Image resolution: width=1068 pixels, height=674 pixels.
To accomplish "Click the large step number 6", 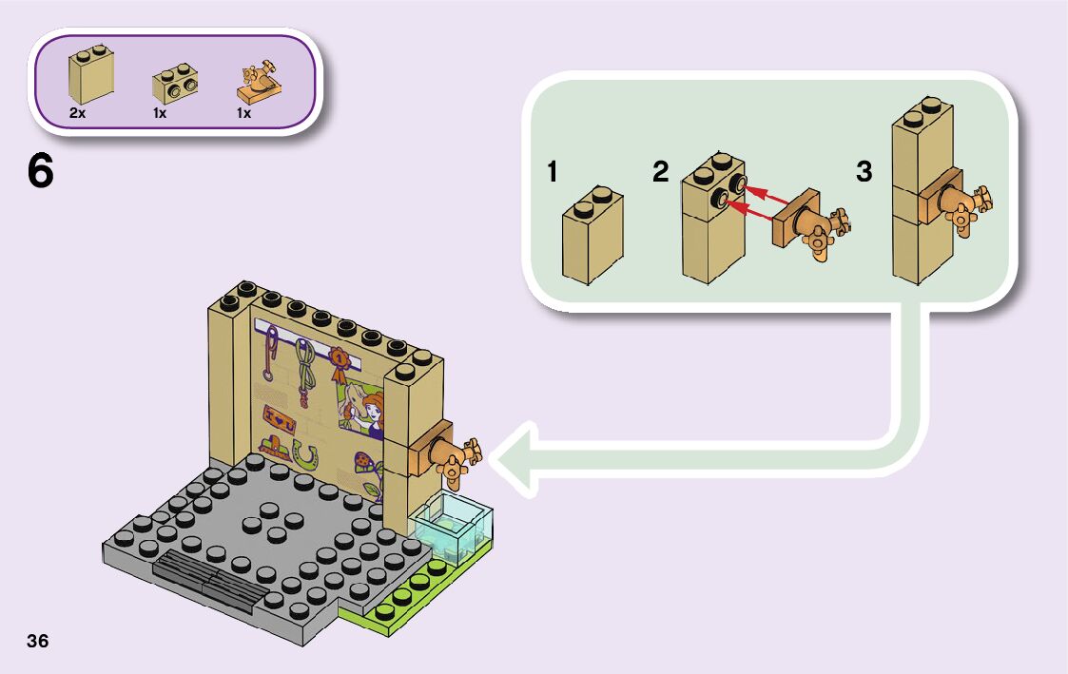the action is tap(40, 172).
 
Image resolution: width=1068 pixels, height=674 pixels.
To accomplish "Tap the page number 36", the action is tap(38, 640).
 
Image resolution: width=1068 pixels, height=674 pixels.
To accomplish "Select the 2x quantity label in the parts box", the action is tap(77, 113).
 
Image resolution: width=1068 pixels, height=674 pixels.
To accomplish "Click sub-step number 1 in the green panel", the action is tap(553, 172).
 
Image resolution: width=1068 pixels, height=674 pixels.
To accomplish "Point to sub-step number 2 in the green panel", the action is tap(661, 172).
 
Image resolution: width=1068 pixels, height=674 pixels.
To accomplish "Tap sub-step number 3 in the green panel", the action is tap(864, 172).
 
